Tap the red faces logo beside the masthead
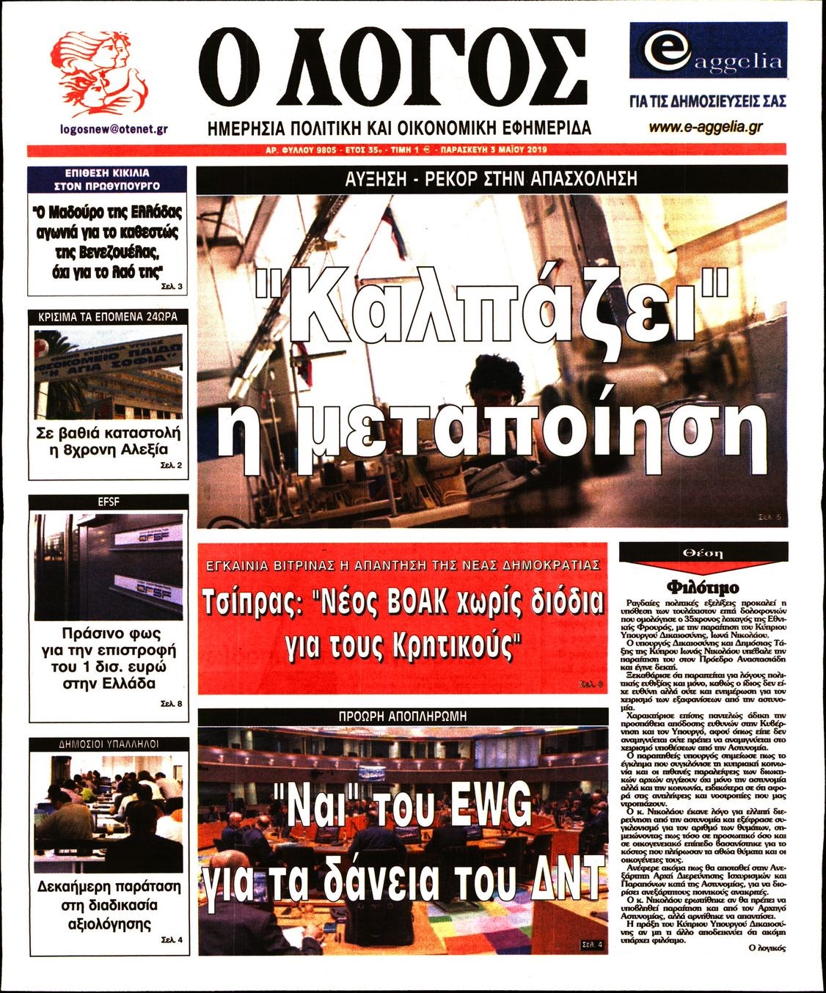pos(101,70)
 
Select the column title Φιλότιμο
pos(703,587)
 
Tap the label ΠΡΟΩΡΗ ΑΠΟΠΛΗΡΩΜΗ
pos(403,716)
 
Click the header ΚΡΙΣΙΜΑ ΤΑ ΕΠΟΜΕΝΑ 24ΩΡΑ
pos(108,318)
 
